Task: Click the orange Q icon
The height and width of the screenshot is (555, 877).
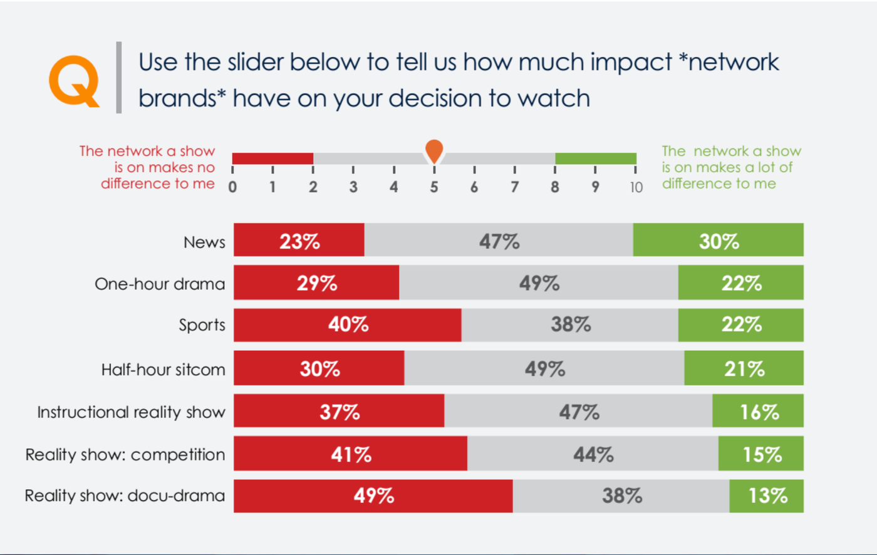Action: point(74,81)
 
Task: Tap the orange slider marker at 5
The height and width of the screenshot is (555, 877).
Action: point(434,150)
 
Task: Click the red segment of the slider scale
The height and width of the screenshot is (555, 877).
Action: point(272,158)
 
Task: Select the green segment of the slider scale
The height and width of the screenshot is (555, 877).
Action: point(595,158)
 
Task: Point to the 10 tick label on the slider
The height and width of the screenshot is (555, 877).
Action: point(636,187)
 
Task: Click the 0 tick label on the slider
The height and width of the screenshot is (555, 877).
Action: point(232,187)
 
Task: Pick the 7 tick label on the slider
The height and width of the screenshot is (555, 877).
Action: point(514,187)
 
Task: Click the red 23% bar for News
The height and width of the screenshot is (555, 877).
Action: point(299,240)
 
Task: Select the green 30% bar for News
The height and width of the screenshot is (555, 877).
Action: point(718,240)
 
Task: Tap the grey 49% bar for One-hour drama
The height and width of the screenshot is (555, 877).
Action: point(539,283)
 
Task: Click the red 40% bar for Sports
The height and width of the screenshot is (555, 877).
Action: point(348,324)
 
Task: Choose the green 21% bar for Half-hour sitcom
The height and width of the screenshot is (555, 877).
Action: point(744,368)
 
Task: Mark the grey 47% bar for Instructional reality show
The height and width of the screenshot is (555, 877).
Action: point(578,411)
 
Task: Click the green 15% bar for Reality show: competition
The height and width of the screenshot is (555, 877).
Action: point(761,454)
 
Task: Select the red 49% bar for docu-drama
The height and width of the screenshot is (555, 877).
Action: point(373,496)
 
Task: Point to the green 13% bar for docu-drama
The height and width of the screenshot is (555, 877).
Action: point(767,496)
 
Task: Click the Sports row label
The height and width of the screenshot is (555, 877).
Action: point(202,325)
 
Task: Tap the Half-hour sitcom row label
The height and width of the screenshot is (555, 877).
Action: point(163,370)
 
